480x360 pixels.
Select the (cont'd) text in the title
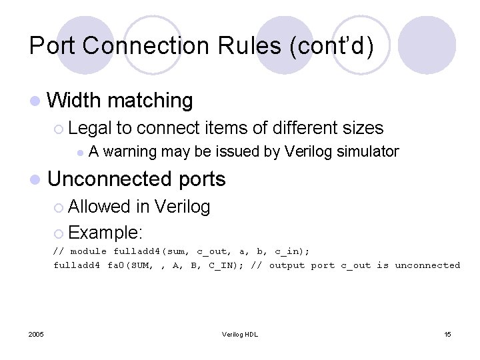click(x=334, y=45)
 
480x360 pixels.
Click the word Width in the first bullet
click(x=75, y=101)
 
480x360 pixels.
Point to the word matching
click(x=150, y=101)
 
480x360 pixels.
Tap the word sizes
click(x=361, y=128)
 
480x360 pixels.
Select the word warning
click(x=130, y=152)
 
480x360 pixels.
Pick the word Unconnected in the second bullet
click(x=111, y=179)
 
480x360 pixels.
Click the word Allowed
click(x=99, y=207)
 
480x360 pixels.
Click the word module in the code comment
click(x=89, y=252)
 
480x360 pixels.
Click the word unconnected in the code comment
click(x=427, y=265)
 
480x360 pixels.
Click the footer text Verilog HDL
click(x=240, y=334)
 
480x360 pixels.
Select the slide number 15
click(x=447, y=334)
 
